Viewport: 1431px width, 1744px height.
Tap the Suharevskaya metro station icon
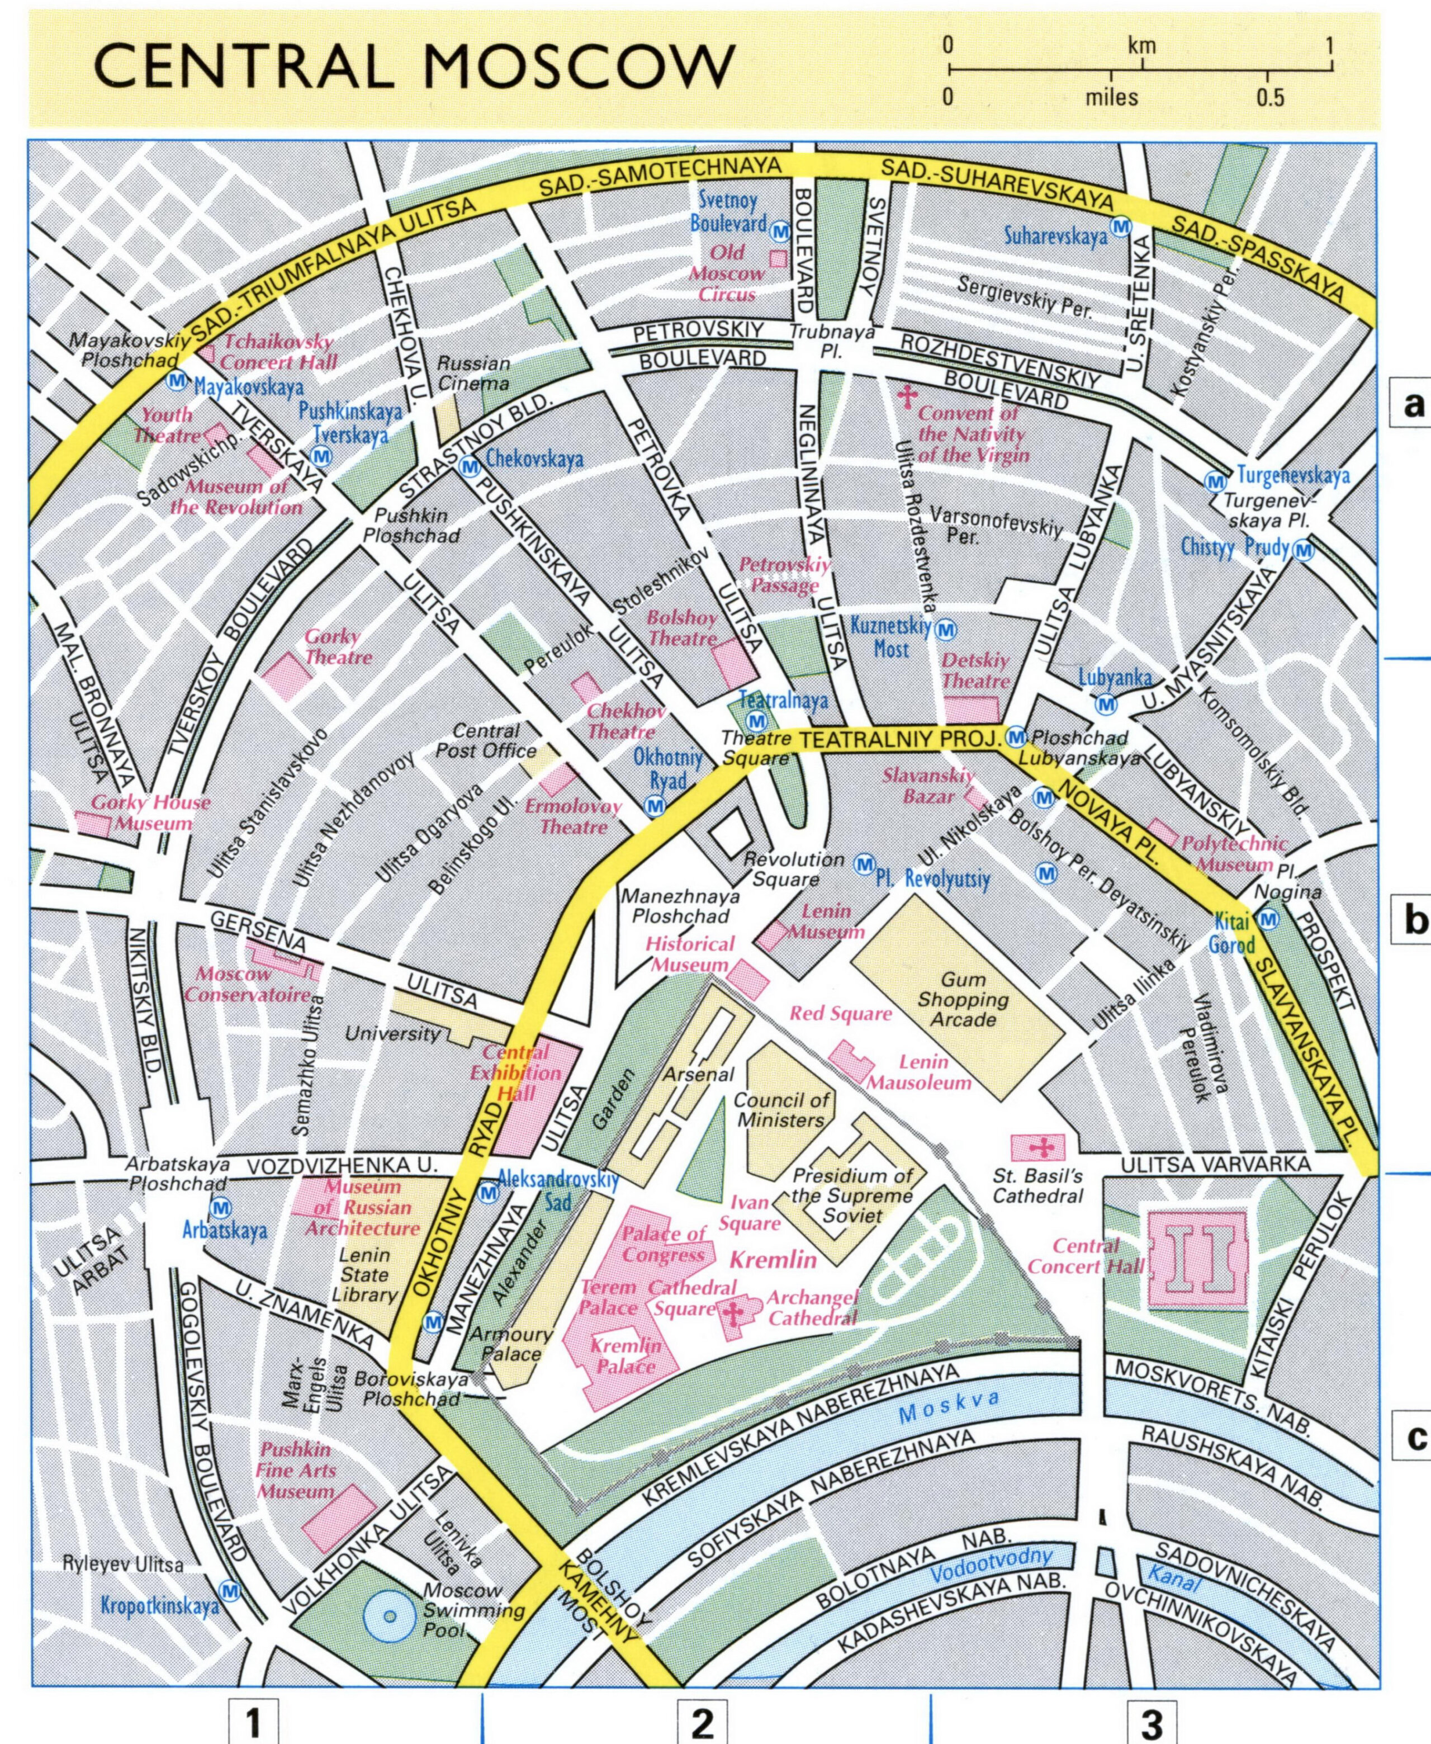[1120, 226]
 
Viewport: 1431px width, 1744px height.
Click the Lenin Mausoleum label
[919, 1072]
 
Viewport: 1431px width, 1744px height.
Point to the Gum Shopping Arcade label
[963, 999]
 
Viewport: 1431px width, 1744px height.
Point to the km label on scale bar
[1141, 45]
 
